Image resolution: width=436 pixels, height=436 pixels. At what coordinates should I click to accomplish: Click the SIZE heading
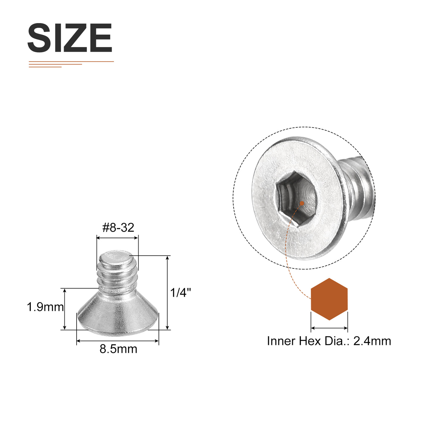click(70, 38)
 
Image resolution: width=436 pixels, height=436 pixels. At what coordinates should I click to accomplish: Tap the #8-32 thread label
click(118, 228)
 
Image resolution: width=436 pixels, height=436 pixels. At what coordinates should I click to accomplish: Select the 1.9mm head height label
click(45, 307)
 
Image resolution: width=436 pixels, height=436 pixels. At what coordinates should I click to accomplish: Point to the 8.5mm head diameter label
click(118, 349)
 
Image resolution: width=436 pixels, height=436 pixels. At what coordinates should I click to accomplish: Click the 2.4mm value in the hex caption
click(372, 341)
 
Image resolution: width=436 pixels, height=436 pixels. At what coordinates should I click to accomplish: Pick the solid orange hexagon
click(329, 299)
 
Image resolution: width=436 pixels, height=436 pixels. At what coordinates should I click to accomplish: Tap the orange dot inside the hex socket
click(302, 203)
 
